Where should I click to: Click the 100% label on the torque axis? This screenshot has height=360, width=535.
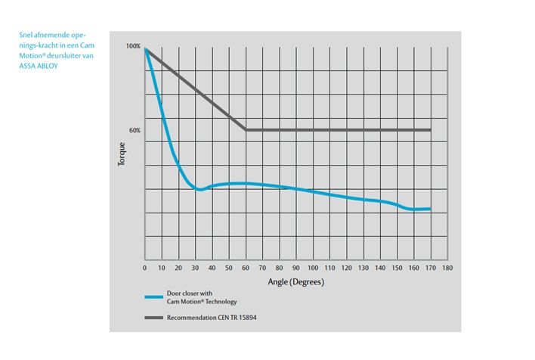pos(133,47)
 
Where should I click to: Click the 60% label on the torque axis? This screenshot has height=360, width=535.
pos(135,130)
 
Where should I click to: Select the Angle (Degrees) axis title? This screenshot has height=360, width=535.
pos(295,282)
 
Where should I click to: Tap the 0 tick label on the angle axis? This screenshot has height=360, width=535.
pos(144,268)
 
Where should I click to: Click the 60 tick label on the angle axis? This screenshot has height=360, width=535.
pos(246,268)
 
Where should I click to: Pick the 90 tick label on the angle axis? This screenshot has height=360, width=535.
pos(295,268)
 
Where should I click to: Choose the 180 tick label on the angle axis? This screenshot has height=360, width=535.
pos(447,268)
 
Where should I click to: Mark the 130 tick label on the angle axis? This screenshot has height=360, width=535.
pos(363,268)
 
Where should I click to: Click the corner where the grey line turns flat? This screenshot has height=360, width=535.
pos(246,130)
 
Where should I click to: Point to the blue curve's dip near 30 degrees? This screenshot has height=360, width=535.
pos(199,189)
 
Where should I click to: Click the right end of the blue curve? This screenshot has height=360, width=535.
pos(430,209)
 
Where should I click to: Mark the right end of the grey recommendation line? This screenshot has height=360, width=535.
pos(430,130)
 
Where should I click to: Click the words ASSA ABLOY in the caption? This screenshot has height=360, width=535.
pos(38,66)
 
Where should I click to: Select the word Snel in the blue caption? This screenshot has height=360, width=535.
pos(25,34)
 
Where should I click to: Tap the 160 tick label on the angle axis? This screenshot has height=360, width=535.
pos(413,268)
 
